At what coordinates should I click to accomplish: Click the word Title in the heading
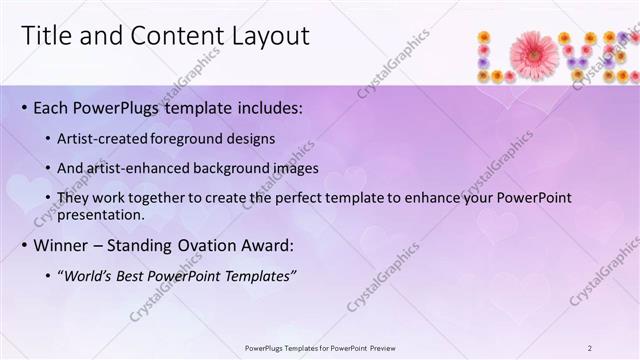(x=45, y=37)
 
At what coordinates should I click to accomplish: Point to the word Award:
(x=266, y=245)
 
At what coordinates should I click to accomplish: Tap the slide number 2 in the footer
(x=590, y=348)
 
